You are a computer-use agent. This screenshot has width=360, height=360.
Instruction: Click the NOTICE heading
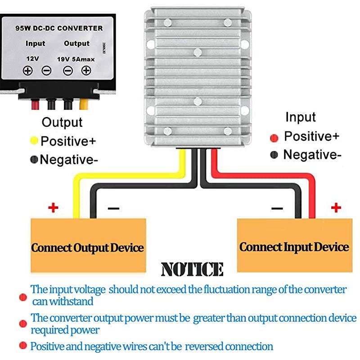coord(192,269)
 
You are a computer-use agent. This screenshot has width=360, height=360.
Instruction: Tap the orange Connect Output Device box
coord(88,247)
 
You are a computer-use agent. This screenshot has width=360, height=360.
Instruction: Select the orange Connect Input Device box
coord(294,247)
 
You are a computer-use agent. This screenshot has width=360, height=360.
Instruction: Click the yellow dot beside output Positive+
coord(34,141)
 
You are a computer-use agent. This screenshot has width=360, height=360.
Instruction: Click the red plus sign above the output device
coord(54,208)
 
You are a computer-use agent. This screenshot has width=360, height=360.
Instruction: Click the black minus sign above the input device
coord(277,208)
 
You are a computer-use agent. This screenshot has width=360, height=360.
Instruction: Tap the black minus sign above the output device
coord(113,208)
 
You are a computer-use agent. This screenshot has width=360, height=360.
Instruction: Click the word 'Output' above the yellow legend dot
coord(62,122)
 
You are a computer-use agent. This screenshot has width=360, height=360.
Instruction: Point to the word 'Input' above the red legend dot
coord(301,117)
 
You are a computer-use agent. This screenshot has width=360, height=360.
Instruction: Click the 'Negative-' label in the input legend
coord(312,155)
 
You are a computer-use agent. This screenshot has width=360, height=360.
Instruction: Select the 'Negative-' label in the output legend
coord(69,159)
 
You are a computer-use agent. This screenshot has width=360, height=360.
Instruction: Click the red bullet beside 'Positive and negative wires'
coord(22,346)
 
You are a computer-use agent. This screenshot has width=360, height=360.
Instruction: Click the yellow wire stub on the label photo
coord(83,105)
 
